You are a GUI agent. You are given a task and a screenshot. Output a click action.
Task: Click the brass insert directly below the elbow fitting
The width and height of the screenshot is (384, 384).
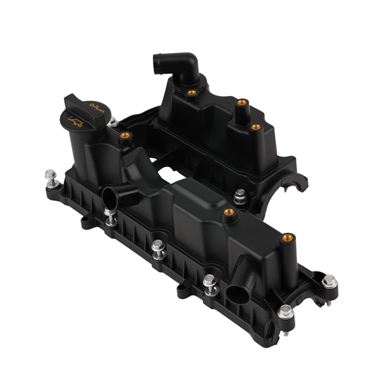point(191,94)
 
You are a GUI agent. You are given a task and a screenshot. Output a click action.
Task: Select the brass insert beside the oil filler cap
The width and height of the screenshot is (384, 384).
point(125,136)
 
